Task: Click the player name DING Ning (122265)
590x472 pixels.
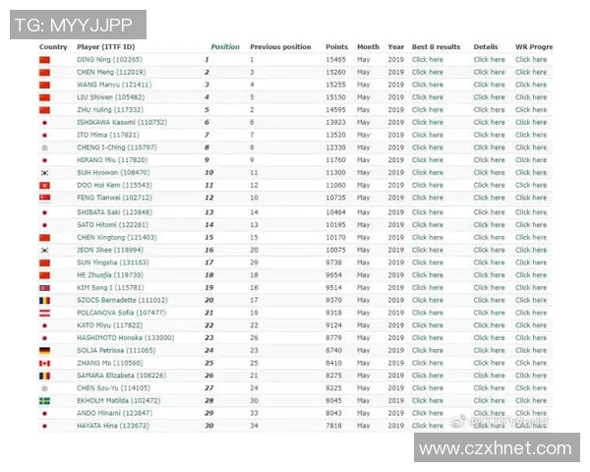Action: [109, 60]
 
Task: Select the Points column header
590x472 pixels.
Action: [337, 47]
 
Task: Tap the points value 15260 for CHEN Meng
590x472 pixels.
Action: [336, 72]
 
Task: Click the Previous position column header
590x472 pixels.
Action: [280, 47]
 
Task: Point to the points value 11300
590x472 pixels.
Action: [336, 172]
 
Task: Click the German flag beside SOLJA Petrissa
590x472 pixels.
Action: [44, 350]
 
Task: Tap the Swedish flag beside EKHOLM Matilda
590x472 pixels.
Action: [44, 400]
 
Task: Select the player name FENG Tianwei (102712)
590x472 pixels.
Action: [112, 198]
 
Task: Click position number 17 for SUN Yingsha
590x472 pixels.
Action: [208, 263]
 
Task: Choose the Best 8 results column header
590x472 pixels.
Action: [436, 47]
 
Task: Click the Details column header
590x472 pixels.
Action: [486, 47]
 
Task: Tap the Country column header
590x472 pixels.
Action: [53, 47]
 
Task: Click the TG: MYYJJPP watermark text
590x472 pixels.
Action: [78, 24]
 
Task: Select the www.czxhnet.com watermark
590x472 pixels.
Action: [496, 448]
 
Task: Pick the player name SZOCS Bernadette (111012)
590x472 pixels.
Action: [122, 300]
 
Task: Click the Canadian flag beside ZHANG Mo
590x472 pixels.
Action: [44, 363]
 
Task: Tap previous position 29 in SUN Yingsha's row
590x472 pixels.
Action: [254, 263]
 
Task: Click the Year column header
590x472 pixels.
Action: [395, 47]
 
